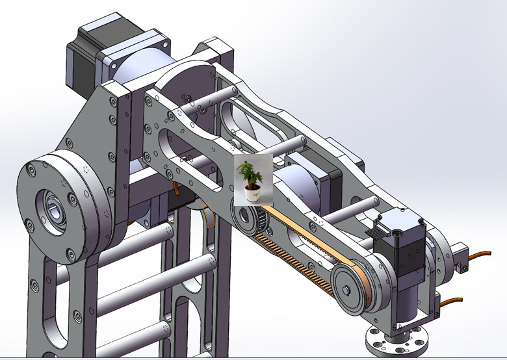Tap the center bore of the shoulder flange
tap(55, 209)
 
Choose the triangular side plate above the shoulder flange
tap(91, 130)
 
